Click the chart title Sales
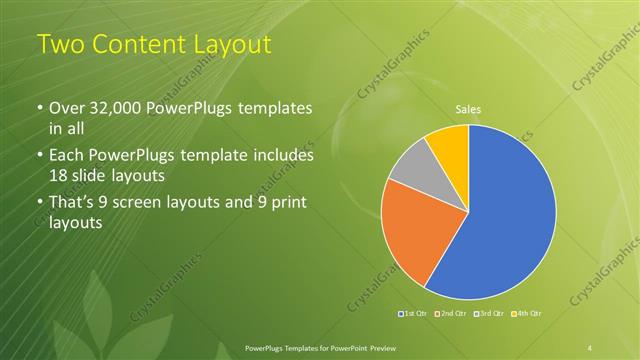pos(468,108)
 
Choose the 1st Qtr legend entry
pos(415,315)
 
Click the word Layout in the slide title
pos(226,45)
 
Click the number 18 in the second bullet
pos(60,177)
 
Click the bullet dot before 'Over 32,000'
pos(40,109)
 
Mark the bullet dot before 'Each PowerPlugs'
pos(40,156)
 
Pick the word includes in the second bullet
pos(284,155)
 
